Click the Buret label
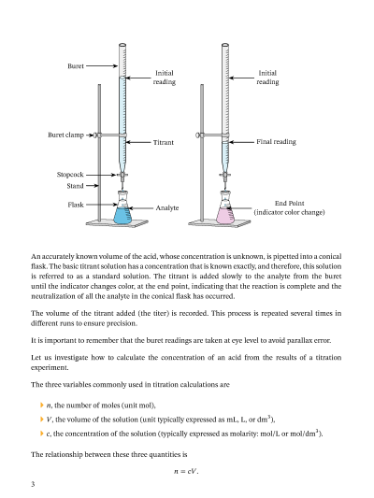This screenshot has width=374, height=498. click(76, 66)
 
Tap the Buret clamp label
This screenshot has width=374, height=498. click(65, 135)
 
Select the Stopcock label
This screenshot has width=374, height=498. click(70, 175)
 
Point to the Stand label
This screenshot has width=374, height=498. click(75, 186)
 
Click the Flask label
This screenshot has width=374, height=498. click(76, 205)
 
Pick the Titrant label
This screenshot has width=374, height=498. click(164, 142)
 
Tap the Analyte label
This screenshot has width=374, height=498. click(167, 207)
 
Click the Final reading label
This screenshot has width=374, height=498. click(276, 142)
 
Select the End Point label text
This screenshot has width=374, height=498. click(290, 204)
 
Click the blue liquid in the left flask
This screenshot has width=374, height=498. click(122, 216)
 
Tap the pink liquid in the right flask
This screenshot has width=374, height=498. click(225, 216)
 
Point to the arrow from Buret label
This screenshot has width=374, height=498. click(102, 66)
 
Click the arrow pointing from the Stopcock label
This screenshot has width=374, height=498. click(101, 175)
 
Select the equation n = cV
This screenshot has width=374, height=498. click(186, 471)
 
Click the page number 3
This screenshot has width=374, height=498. click(33, 484)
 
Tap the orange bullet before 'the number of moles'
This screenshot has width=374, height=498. click(42, 406)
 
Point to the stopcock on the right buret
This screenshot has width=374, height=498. click(225, 175)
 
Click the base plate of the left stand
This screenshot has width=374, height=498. click(117, 223)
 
